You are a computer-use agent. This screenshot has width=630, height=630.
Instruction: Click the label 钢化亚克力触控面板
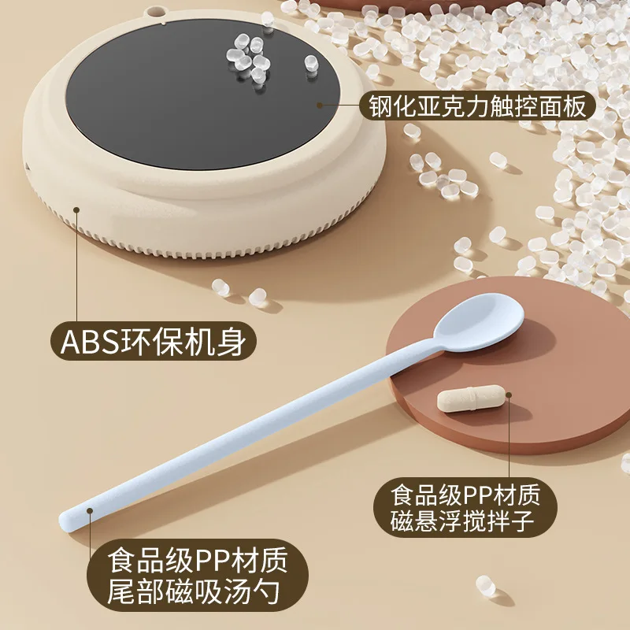point(477,106)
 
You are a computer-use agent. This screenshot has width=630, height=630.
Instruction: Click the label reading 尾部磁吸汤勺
point(197,587)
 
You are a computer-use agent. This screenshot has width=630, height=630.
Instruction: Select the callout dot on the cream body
point(76,209)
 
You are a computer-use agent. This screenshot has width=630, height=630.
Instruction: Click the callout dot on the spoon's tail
point(89,511)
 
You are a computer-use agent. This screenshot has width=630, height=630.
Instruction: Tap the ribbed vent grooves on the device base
point(236,250)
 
